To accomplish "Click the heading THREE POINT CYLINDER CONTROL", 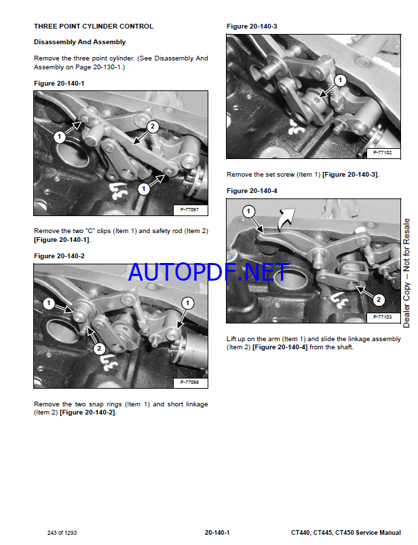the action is click(x=94, y=27).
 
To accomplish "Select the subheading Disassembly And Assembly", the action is click(x=79, y=42).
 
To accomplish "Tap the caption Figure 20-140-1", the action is click(x=59, y=84).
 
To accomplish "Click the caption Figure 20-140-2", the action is click(x=59, y=256).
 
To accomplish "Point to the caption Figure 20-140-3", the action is click(x=252, y=27).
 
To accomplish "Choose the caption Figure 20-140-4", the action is click(x=252, y=191).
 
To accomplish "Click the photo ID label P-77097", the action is click(x=189, y=209).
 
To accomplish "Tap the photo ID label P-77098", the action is click(x=189, y=383).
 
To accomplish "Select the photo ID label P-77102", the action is click(x=383, y=153).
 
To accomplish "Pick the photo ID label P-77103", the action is click(x=383, y=317).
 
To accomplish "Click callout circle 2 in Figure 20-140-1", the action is click(x=153, y=126).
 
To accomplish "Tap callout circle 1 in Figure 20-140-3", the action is click(x=340, y=80).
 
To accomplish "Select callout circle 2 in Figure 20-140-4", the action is click(x=379, y=300).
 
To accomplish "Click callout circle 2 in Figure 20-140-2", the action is click(x=99, y=349).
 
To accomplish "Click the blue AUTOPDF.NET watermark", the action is click(x=208, y=272).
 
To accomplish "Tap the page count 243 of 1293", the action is click(x=62, y=533).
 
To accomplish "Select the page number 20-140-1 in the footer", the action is click(x=217, y=533).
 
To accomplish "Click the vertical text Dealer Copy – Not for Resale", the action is click(x=406, y=273).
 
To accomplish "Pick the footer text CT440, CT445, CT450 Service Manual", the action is click(x=346, y=533).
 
